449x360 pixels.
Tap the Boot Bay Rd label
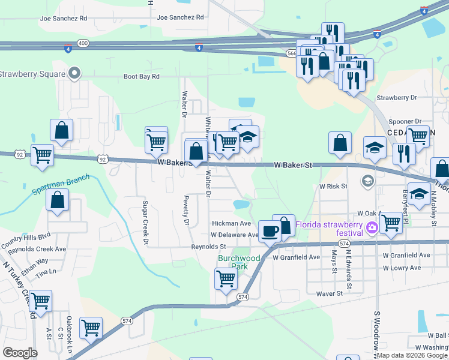point(142,77)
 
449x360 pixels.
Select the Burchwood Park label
point(239,262)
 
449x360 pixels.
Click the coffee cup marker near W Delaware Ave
point(270,231)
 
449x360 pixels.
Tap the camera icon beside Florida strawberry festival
point(372,226)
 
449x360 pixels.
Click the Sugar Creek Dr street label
point(145,223)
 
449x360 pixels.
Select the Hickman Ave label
point(231,223)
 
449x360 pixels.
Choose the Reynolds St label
point(208,247)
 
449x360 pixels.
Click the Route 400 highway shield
point(83,43)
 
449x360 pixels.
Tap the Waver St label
point(329,293)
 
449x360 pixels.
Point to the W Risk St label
point(333,187)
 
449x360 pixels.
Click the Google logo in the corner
point(20,352)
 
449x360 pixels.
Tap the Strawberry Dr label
point(396,97)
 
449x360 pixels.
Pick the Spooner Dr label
point(405,121)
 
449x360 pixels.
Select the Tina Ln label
point(41,273)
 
